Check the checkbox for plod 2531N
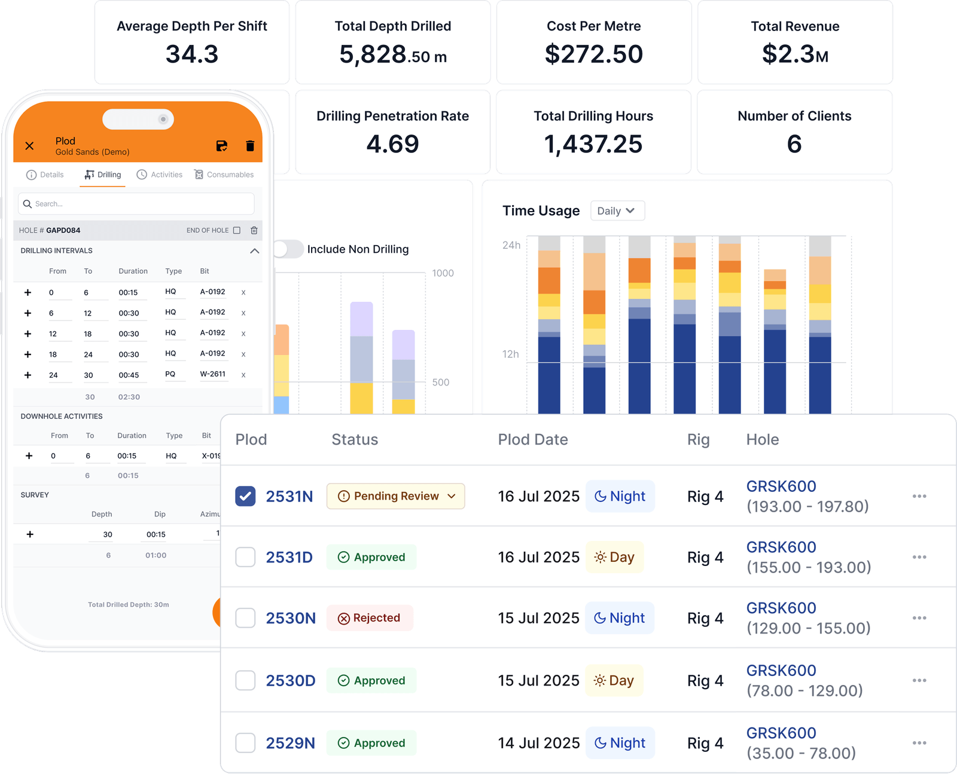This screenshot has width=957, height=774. point(245,496)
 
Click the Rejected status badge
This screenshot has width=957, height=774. point(370,618)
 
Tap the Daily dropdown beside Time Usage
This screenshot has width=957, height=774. point(617,211)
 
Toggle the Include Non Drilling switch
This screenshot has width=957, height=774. point(288,249)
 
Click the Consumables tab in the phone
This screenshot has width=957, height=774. point(224,175)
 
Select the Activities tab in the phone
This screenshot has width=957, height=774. point(160,175)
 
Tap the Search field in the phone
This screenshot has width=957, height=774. point(136,204)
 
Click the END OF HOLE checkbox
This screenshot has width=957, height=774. point(237,230)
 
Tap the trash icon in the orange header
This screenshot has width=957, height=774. point(250,146)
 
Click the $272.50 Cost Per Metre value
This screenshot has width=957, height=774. point(593,54)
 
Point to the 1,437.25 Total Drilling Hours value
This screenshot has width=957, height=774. point(593,144)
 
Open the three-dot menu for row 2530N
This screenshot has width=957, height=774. point(919,618)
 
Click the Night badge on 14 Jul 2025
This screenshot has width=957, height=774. point(620,743)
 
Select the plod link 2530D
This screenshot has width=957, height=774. point(290,681)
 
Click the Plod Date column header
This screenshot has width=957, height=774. point(533,440)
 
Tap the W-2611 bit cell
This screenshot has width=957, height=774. point(213,374)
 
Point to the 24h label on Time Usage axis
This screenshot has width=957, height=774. point(511,245)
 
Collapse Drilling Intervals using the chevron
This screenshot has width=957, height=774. point(254,251)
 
